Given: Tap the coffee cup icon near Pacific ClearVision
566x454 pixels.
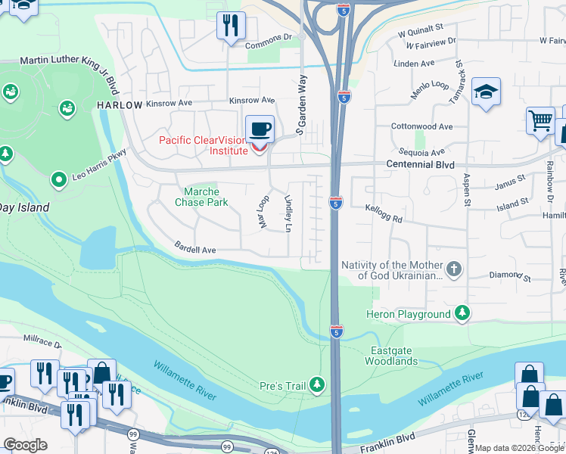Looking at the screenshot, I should (x=260, y=129).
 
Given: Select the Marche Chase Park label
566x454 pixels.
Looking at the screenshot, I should (x=201, y=197).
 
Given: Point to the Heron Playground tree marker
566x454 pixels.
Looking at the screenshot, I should (x=462, y=314).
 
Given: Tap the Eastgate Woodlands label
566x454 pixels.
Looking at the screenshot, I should (x=393, y=356).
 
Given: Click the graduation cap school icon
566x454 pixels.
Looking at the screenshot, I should (x=485, y=92).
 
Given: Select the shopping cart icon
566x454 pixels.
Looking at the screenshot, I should (x=540, y=120).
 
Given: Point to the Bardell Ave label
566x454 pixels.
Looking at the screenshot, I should (x=195, y=249).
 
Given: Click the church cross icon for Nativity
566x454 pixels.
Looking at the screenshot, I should (x=453, y=269).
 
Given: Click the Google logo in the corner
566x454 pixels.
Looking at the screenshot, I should (x=24, y=445).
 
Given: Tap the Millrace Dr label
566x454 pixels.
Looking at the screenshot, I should (x=42, y=342).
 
